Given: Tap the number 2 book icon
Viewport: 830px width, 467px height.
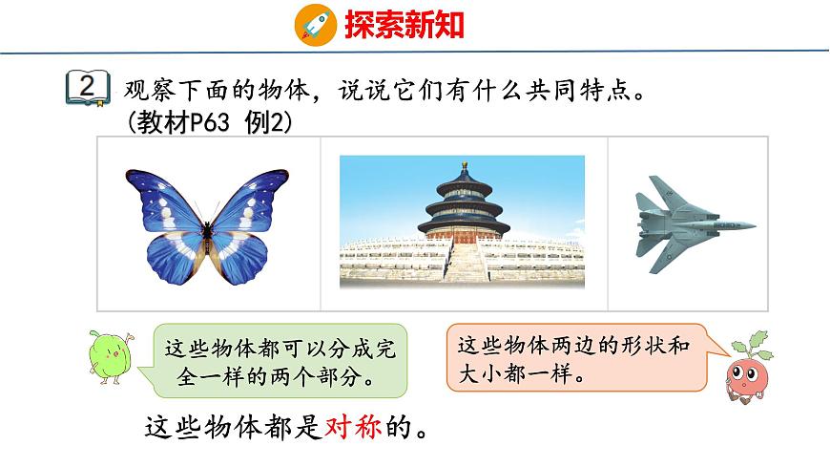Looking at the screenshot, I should [86, 88].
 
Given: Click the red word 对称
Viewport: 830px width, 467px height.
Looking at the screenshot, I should [354, 426].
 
